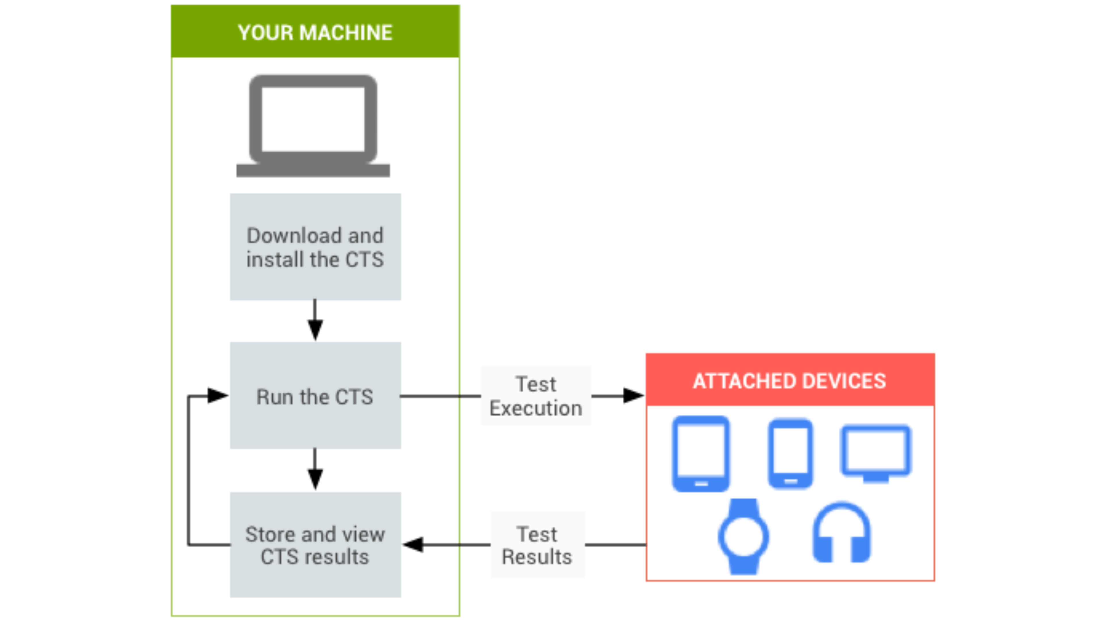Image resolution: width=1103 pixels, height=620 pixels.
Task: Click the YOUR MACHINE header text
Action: tap(315, 32)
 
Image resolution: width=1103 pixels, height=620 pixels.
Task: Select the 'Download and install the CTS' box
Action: tap(315, 247)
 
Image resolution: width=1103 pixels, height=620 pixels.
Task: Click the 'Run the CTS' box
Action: tap(315, 396)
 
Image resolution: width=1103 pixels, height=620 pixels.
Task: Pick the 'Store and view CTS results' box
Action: tap(315, 545)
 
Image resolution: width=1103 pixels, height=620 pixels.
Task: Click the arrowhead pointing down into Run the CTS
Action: tap(315, 330)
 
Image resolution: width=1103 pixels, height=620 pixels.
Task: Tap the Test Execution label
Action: tap(536, 396)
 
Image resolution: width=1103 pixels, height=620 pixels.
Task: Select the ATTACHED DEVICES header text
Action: tap(789, 381)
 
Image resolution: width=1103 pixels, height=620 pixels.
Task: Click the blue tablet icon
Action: tap(701, 454)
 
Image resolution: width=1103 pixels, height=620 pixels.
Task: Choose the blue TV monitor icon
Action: tap(876, 453)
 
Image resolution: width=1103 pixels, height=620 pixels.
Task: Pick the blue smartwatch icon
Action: tap(743, 536)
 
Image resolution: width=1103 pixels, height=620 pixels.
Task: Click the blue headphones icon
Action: tap(841, 533)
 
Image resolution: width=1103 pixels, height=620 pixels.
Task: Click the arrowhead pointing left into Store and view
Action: tap(414, 545)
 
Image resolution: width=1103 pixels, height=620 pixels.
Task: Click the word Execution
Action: tap(536, 408)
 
